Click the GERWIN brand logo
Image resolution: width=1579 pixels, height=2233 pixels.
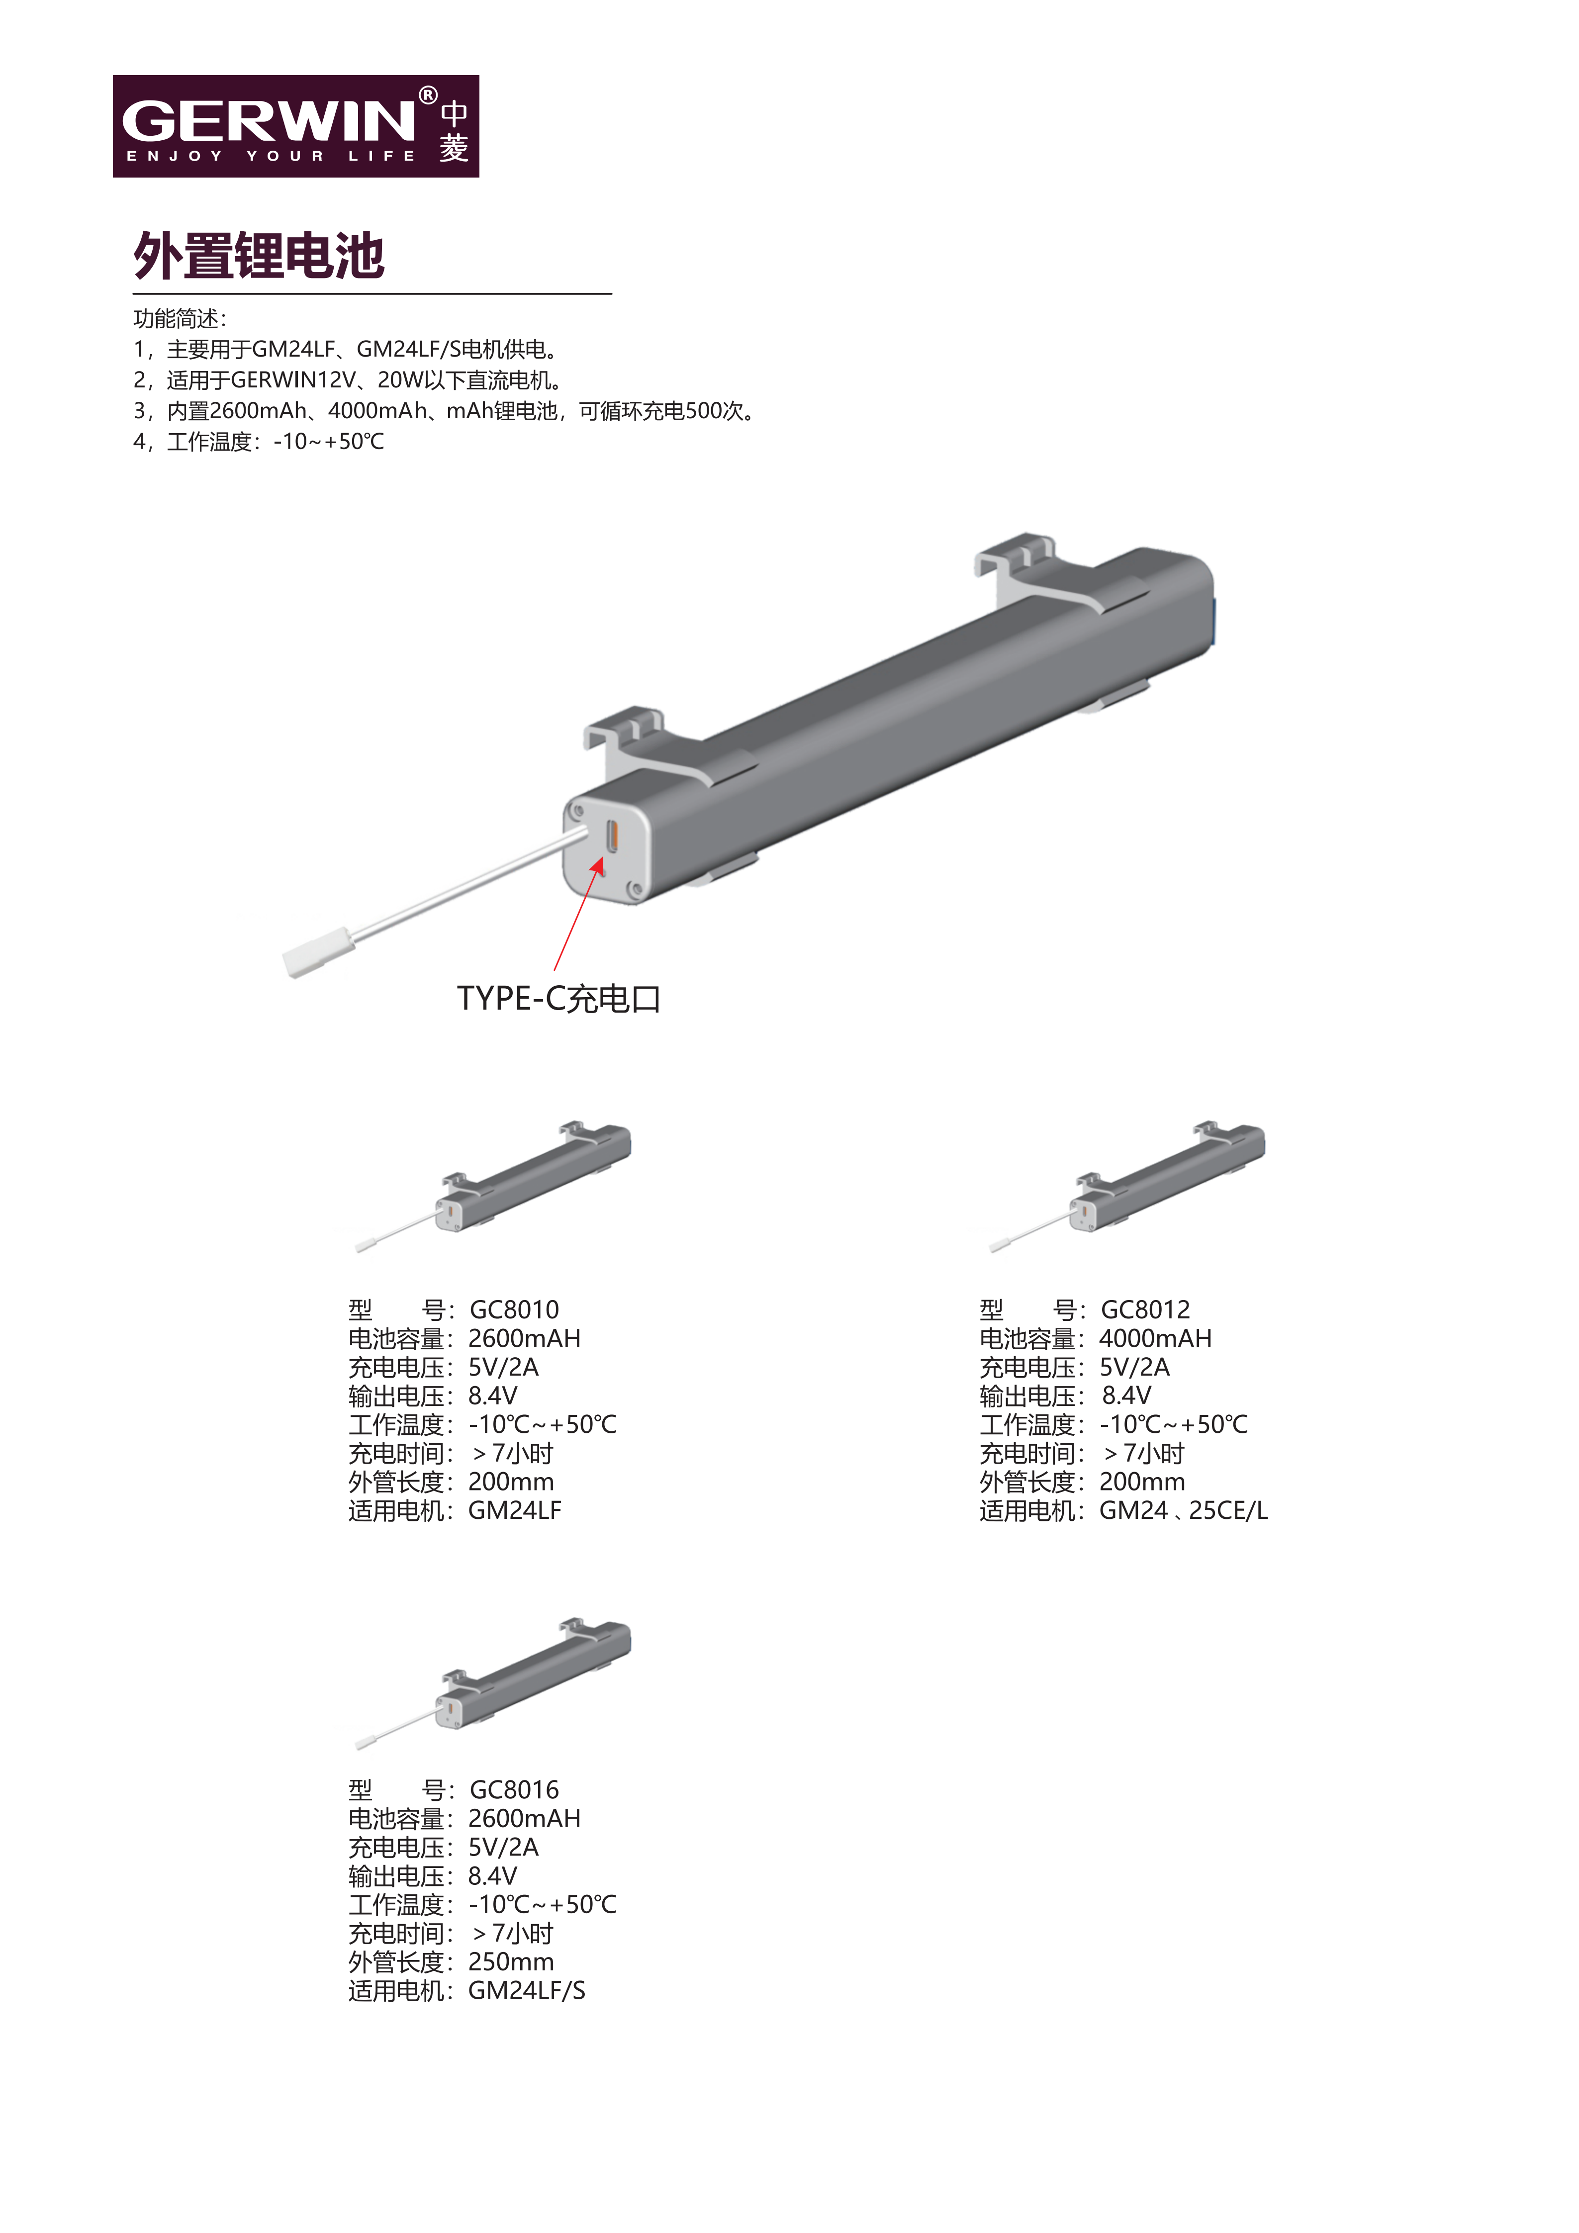click(x=295, y=126)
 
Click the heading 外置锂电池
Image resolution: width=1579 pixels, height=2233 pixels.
click(x=259, y=256)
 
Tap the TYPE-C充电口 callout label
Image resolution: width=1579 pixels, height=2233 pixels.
click(x=559, y=999)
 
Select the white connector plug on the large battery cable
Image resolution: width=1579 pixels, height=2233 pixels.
click(x=318, y=953)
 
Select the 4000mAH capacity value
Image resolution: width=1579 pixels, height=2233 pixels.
click(x=1156, y=1338)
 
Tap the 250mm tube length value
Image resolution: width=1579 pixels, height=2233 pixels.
click(x=511, y=1961)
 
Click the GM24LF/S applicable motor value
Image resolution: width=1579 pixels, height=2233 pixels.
click(x=527, y=1991)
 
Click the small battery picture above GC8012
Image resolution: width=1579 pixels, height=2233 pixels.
click(x=1127, y=1186)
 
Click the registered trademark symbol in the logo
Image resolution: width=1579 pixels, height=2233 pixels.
click(x=428, y=95)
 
